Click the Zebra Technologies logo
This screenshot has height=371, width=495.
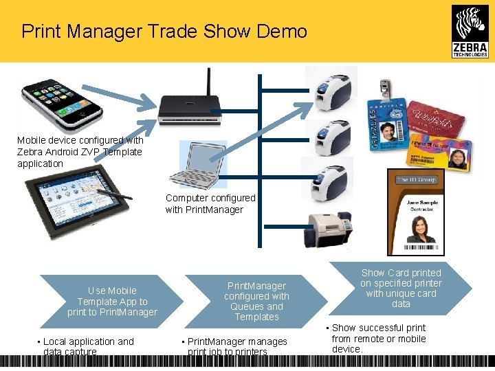click(470, 31)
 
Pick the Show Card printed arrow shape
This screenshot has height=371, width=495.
click(401, 289)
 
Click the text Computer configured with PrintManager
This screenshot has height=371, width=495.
click(210, 203)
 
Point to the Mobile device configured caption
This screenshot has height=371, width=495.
click(80, 151)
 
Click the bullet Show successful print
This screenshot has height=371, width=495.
click(378, 338)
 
